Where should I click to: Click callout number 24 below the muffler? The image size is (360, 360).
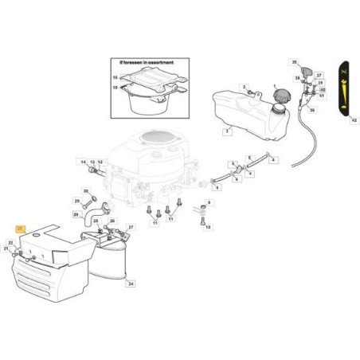[x=131, y=283]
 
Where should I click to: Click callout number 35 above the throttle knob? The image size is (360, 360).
[x=294, y=62]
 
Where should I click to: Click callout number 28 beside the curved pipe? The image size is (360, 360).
[x=76, y=214]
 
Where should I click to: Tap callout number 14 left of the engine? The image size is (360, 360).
[x=81, y=162]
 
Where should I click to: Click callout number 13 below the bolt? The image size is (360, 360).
[x=209, y=227]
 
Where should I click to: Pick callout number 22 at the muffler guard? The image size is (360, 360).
[x=10, y=242]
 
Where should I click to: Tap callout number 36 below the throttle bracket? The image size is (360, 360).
[x=312, y=111]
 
